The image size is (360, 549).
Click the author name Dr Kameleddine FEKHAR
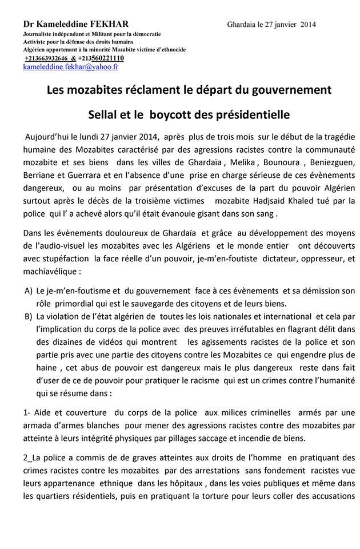[76, 24]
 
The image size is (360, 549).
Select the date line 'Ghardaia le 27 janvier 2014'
[271, 25]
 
